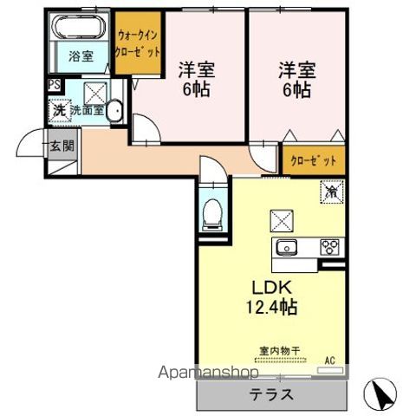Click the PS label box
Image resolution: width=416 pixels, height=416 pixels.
(x=55, y=85)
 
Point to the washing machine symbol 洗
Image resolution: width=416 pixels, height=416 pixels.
(x=59, y=110)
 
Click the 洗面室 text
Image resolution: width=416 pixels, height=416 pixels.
(x=87, y=110)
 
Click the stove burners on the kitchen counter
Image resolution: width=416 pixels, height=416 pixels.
(x=330, y=246)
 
